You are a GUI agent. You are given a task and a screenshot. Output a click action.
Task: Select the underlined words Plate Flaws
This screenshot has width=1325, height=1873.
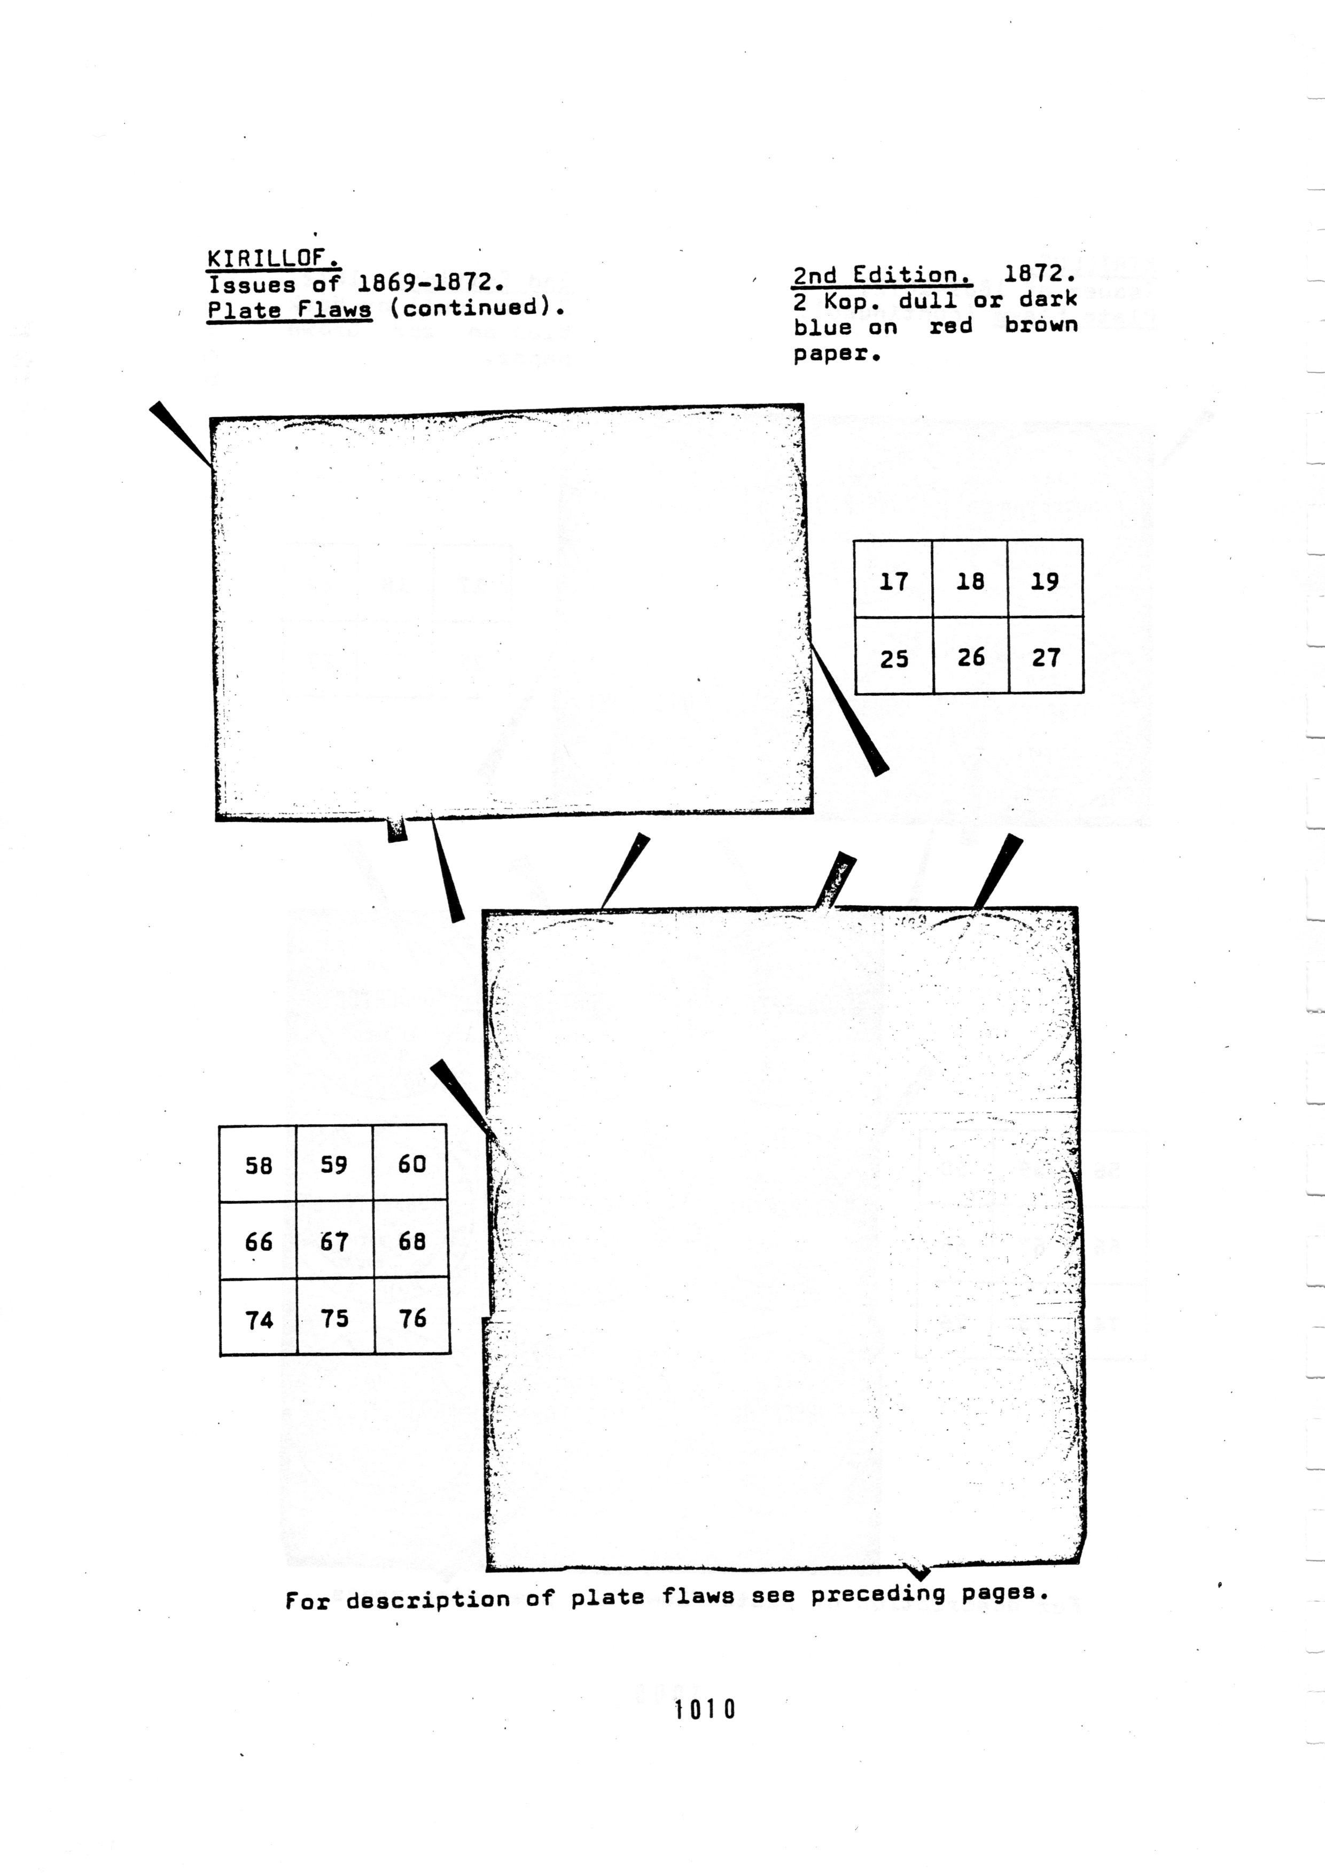coord(290,310)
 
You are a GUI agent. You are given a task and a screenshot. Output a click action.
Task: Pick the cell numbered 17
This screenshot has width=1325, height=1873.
coord(893,578)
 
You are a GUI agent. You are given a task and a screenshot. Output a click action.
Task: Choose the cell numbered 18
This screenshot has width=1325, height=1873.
coord(970,578)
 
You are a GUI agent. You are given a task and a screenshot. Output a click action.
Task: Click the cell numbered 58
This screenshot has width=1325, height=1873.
coord(258,1163)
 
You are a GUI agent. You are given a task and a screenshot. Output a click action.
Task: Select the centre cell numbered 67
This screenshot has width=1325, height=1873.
coord(334,1240)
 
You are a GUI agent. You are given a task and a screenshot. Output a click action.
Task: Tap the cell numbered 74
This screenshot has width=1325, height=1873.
coord(259,1316)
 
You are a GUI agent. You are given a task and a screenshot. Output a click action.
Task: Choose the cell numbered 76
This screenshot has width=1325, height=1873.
coord(412,1316)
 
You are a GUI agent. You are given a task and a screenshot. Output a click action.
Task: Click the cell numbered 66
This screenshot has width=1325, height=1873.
coord(258,1240)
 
